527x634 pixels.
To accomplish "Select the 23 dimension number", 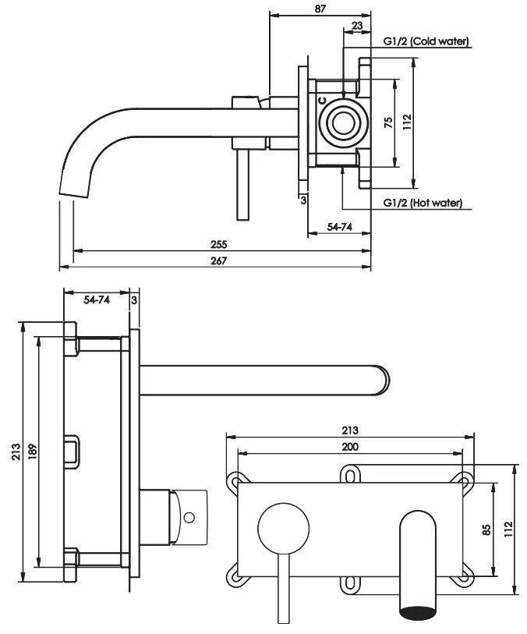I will [x=356, y=25].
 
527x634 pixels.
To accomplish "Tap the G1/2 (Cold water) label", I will [x=425, y=41].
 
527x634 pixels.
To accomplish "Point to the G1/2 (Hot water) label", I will [x=423, y=204].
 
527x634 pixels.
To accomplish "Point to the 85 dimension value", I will [x=486, y=530].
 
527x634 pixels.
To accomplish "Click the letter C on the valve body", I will [x=321, y=100].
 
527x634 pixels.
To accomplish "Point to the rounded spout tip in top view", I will [x=381, y=378].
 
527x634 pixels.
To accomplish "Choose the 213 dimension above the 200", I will [x=350, y=430].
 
